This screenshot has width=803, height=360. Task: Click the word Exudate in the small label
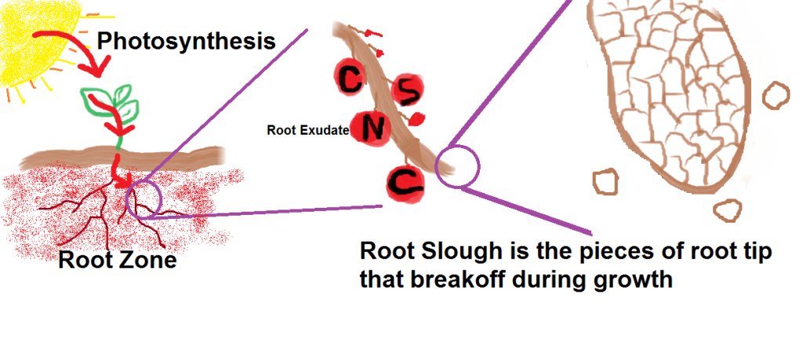(x=328, y=131)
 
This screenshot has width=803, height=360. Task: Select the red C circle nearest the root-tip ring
(x=405, y=184)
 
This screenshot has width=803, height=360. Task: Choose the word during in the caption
(x=554, y=280)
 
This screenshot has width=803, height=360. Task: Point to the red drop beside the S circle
(x=417, y=120)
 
